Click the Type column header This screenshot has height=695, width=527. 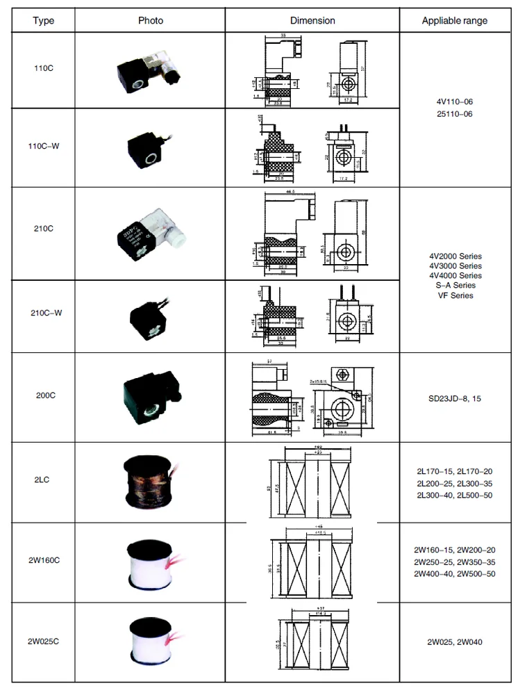tap(43, 21)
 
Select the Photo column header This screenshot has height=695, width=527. tap(151, 21)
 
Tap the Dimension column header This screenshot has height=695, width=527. tap(312, 21)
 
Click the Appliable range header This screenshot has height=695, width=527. tap(455, 21)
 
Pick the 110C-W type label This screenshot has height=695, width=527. tap(43, 147)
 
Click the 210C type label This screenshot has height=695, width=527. tap(43, 229)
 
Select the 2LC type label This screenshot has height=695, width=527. tap(43, 480)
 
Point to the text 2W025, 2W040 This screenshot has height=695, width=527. tap(455, 641)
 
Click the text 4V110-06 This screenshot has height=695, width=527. tap(455, 101)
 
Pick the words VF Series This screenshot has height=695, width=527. tap(455, 295)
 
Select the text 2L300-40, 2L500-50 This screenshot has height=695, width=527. tap(455, 495)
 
